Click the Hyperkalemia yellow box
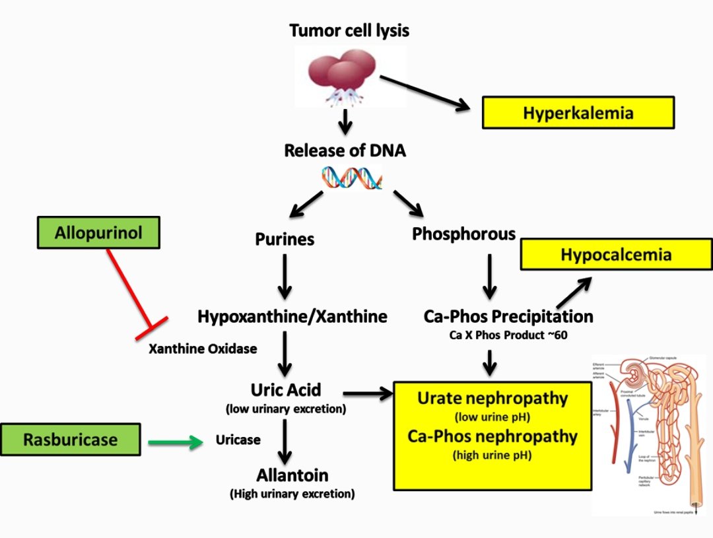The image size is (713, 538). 578,112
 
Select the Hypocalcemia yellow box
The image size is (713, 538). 616,255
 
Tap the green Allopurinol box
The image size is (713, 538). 98,233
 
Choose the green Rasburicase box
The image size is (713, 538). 71,440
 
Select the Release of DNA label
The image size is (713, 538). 345,151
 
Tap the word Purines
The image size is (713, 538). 285,239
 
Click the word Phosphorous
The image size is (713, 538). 463,234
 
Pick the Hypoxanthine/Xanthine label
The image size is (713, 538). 292,316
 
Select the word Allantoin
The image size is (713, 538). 292,475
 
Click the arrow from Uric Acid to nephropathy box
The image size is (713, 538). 367,394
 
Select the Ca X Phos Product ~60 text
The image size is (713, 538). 508,335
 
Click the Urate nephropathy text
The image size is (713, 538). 492,398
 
